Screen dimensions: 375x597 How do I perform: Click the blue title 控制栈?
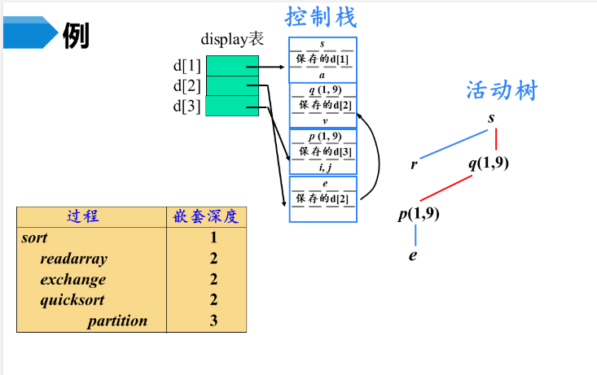321,16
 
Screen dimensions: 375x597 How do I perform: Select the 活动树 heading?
502,90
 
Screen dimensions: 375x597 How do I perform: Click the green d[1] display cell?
231,65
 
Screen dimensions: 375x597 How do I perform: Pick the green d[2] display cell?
231,85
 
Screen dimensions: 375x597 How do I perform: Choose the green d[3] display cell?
231,106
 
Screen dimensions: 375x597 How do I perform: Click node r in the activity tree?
415,164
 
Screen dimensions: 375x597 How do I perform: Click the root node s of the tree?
491,119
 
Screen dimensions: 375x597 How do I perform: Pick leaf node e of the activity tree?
413,255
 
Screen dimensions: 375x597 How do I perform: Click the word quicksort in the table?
72,300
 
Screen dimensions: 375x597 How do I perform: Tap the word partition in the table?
117,320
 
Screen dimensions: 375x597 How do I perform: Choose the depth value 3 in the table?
213,320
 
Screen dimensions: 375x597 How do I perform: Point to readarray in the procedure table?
73,259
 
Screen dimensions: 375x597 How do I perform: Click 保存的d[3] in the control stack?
323,151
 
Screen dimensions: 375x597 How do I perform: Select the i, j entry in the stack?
323,168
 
